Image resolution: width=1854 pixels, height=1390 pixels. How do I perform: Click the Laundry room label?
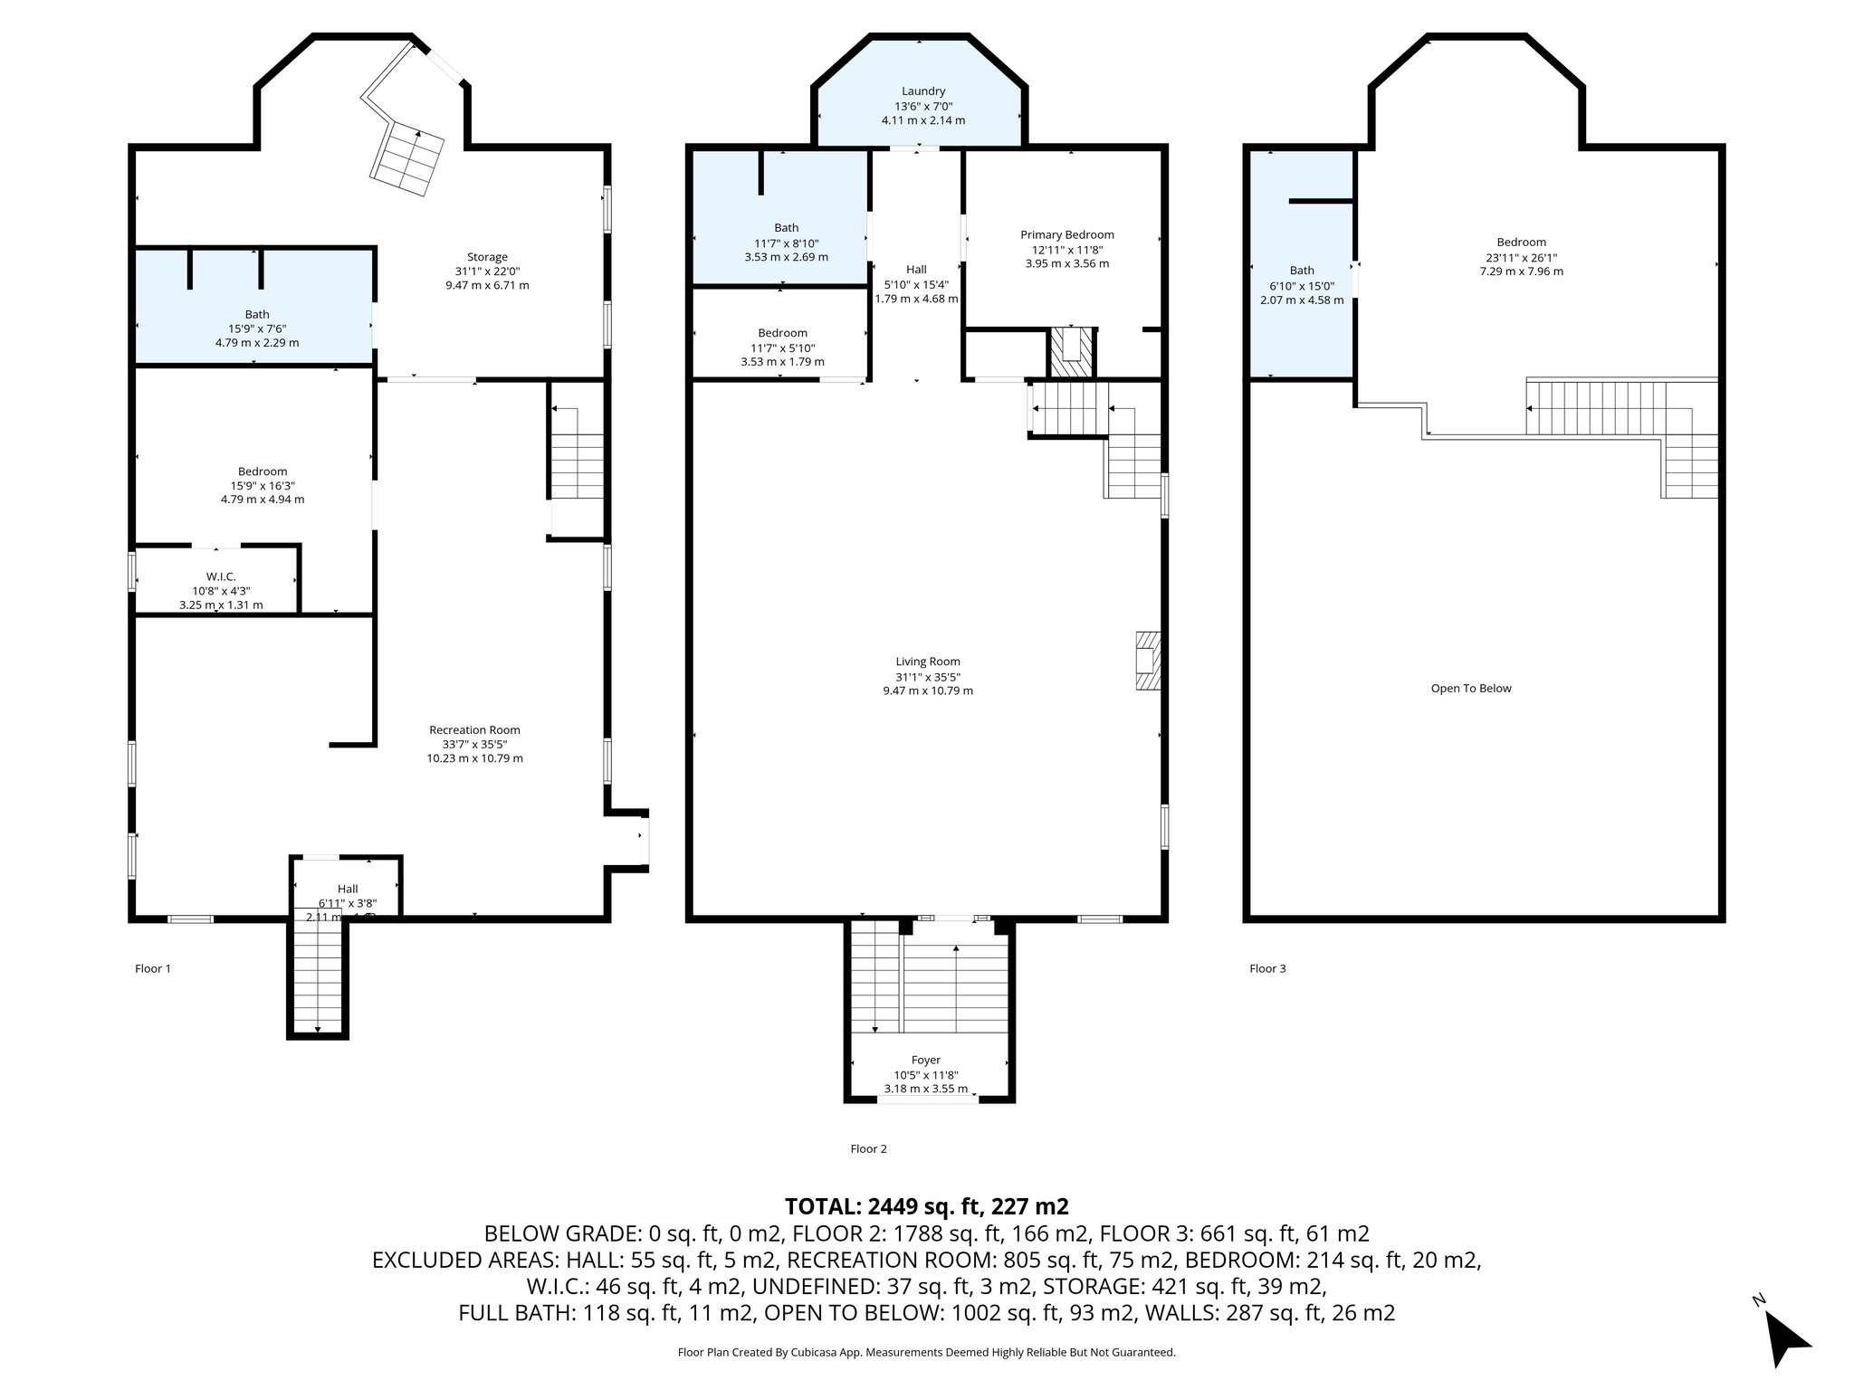pyautogui.click(x=922, y=91)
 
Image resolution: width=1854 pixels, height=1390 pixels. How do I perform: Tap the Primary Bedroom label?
pyautogui.click(x=1066, y=235)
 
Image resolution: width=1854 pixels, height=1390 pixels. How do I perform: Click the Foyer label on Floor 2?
pyautogui.click(x=925, y=1060)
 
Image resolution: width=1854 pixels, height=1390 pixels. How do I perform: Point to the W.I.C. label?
pyautogui.click(x=221, y=576)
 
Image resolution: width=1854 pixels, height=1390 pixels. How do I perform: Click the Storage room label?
pyautogui.click(x=487, y=257)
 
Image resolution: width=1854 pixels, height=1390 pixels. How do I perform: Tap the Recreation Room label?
pyautogui.click(x=474, y=729)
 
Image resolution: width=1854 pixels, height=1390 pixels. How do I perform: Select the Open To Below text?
pyautogui.click(x=1470, y=689)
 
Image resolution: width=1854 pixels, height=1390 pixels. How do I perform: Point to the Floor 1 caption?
pyautogui.click(x=153, y=968)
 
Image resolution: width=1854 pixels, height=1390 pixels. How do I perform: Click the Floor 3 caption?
pyautogui.click(x=1267, y=968)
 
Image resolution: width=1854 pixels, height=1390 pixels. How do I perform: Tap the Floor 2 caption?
pyautogui.click(x=868, y=1148)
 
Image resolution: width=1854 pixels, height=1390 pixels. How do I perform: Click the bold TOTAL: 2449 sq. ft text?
pyautogui.click(x=926, y=1206)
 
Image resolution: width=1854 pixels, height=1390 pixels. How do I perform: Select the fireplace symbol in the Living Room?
pyautogui.click(x=1147, y=662)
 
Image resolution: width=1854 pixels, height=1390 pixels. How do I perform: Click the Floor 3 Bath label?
pyautogui.click(x=1301, y=271)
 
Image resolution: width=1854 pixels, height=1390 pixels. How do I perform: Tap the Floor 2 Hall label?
pyautogui.click(x=915, y=270)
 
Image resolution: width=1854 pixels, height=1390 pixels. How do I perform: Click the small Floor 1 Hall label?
pyautogui.click(x=348, y=889)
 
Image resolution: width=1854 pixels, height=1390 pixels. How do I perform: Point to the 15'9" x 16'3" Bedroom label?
pyautogui.click(x=263, y=471)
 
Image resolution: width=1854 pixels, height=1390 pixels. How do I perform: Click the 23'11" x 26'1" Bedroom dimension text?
pyautogui.click(x=1521, y=257)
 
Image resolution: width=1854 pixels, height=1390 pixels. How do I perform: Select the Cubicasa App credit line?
pyautogui.click(x=926, y=1352)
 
